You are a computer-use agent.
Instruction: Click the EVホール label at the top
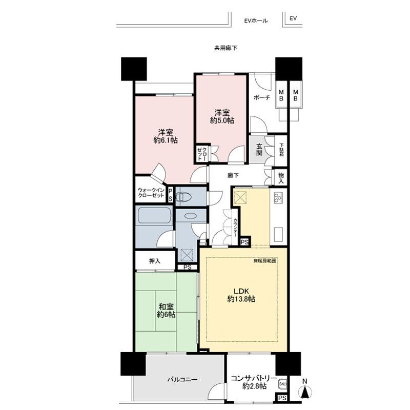[x=256, y=20]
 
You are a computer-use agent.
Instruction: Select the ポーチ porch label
[x=261, y=97]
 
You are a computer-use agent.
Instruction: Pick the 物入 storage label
[x=281, y=177]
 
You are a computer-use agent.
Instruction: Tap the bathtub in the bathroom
[x=153, y=216]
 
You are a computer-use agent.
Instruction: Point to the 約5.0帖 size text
[x=222, y=120]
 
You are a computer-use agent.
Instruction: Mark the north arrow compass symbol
[x=305, y=391]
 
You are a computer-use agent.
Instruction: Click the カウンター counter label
[x=235, y=226]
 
